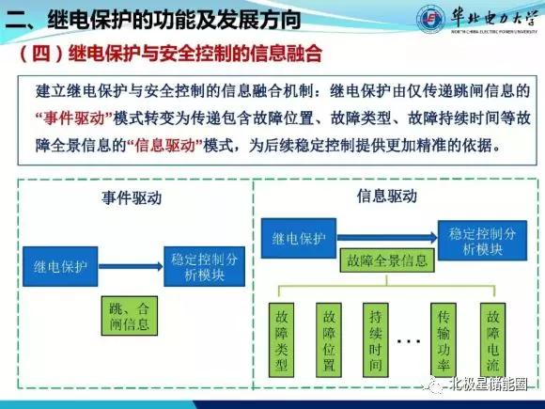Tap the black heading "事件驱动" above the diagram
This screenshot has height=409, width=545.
130,198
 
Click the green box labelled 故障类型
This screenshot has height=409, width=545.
282,338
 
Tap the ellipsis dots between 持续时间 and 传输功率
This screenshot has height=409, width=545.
411,339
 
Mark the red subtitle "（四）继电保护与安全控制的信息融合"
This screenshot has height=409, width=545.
169,55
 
